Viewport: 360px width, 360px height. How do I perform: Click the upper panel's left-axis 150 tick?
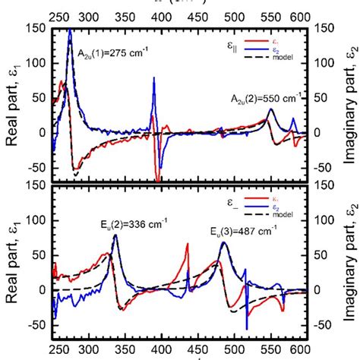click(x=36, y=29)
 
